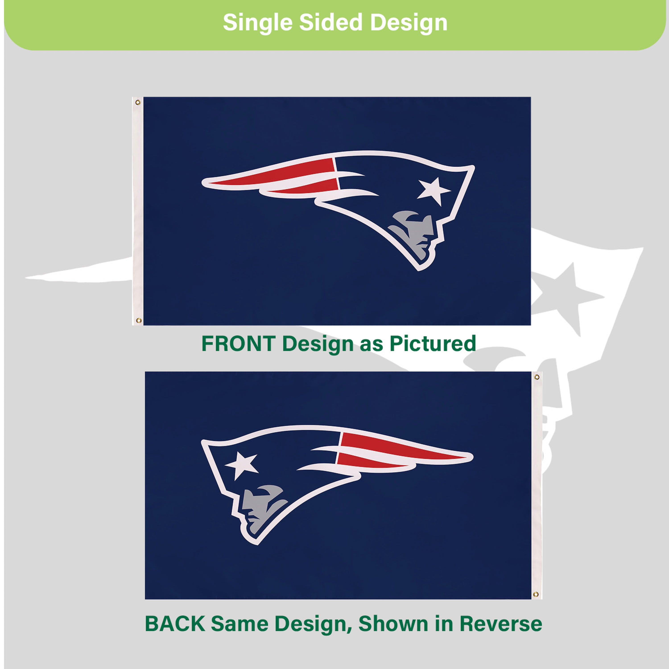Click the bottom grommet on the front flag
click(138, 320)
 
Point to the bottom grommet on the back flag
click(536, 595)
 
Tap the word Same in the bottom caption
click(239, 633)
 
